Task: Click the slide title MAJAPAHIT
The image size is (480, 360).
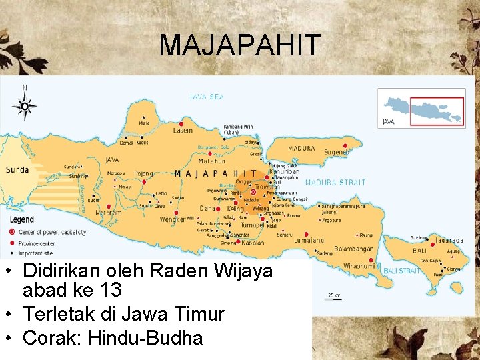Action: click(x=240, y=45)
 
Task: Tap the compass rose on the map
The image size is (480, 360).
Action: click(x=25, y=105)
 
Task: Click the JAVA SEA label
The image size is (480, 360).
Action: click(x=207, y=97)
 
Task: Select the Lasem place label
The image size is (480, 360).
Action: click(x=183, y=131)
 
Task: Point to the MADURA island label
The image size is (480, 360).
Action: click(x=301, y=148)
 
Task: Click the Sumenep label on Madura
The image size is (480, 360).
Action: click(x=337, y=153)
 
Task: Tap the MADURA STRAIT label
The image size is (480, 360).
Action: click(x=335, y=182)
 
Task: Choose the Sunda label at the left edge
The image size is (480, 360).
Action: click(x=17, y=170)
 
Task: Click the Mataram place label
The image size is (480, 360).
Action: click(x=108, y=213)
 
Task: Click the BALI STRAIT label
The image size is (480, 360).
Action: click(x=401, y=271)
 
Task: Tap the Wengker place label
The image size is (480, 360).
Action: click(x=173, y=219)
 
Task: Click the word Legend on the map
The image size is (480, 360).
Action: click(x=22, y=219)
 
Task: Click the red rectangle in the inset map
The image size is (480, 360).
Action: click(x=437, y=109)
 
